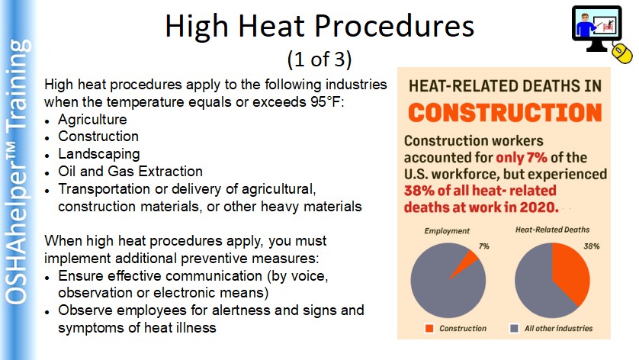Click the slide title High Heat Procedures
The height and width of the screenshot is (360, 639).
point(319,26)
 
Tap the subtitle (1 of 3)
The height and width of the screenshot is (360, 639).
point(319,59)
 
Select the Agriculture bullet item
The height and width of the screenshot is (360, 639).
point(92,120)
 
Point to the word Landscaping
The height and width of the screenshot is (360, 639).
point(99,154)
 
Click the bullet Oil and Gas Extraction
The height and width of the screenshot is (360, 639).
point(130,172)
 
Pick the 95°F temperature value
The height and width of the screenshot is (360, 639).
point(325,101)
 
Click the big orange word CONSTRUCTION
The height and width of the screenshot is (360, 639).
point(505,113)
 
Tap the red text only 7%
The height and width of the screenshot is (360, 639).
point(522,157)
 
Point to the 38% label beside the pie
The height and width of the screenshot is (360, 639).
point(591,246)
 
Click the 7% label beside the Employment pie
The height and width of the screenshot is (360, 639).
point(483,246)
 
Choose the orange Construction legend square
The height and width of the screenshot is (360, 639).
point(429,328)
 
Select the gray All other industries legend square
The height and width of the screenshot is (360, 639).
point(514,328)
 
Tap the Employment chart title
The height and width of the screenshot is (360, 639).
point(447,231)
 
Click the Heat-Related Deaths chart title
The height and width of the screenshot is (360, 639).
point(552,230)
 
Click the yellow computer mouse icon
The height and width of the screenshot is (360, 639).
point(622,53)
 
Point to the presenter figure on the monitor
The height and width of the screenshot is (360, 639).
point(586,26)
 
